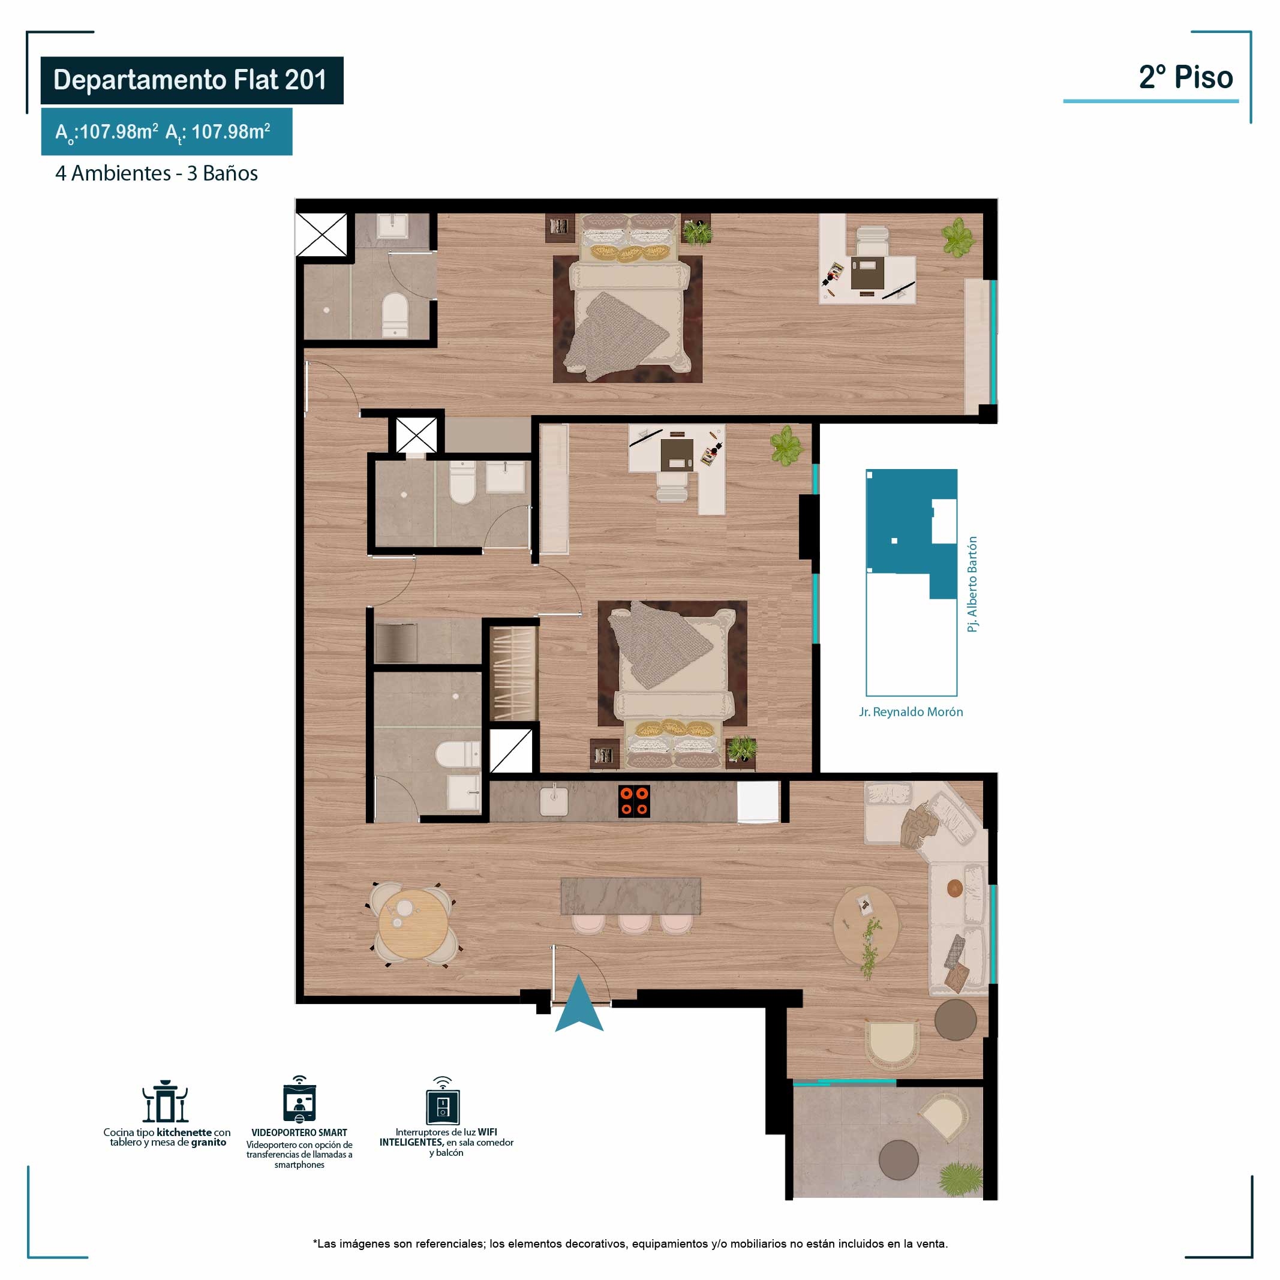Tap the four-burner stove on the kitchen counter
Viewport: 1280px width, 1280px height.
tap(634, 801)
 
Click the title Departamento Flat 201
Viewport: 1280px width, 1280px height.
tap(190, 80)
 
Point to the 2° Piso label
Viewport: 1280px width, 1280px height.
tap(1186, 77)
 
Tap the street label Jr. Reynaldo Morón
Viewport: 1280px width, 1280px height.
tap(911, 712)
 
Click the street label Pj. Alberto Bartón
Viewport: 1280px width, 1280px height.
tap(972, 584)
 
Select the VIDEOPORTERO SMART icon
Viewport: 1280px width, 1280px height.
tap(299, 1101)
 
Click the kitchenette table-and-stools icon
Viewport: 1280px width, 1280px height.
tap(165, 1101)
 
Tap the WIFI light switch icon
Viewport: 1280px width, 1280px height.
tap(443, 1101)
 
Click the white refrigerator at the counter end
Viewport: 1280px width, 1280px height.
tap(759, 803)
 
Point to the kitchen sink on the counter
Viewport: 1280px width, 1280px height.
tap(553, 800)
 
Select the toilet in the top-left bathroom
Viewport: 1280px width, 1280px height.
tap(395, 314)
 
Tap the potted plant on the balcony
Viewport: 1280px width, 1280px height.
tap(959, 1179)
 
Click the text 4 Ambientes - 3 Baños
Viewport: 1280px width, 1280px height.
tap(157, 173)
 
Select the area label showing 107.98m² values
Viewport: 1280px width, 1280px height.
tap(163, 133)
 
